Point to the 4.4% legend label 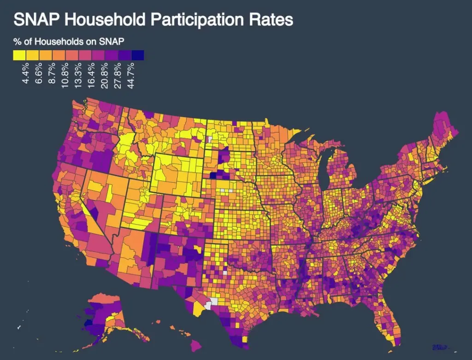(26, 74)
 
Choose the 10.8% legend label (66, 74)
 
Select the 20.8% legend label (105, 74)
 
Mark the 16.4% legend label (92, 74)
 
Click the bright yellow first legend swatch (19, 55)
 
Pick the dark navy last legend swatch (137, 55)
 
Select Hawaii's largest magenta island (196, 344)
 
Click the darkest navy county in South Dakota (213, 175)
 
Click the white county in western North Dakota (211, 138)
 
